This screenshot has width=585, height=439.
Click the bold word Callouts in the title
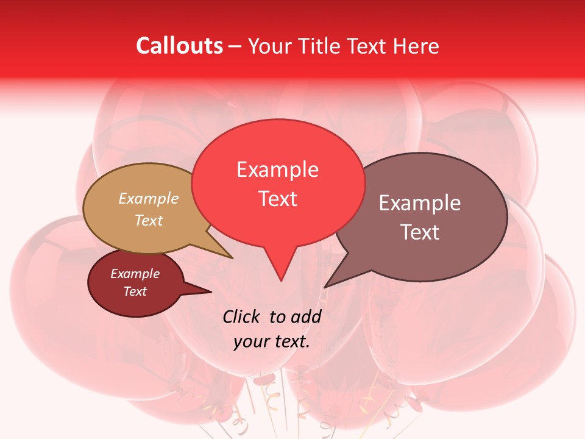click(179, 46)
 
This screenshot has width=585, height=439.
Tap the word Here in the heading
click(416, 46)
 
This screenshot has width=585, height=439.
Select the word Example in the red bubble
click(277, 170)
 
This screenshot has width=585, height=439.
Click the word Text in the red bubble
click(277, 198)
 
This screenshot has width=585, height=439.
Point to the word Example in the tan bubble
click(149, 198)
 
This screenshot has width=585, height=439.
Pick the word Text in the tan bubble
click(149, 220)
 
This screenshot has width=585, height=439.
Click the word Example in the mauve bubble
click(420, 203)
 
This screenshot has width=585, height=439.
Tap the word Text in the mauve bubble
click(420, 232)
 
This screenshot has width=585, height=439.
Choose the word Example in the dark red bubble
click(135, 274)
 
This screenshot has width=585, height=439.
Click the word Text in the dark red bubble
click(135, 291)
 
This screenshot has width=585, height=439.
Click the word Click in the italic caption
click(241, 316)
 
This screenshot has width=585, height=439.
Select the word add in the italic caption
click(306, 316)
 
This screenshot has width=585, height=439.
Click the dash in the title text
click(236, 46)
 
